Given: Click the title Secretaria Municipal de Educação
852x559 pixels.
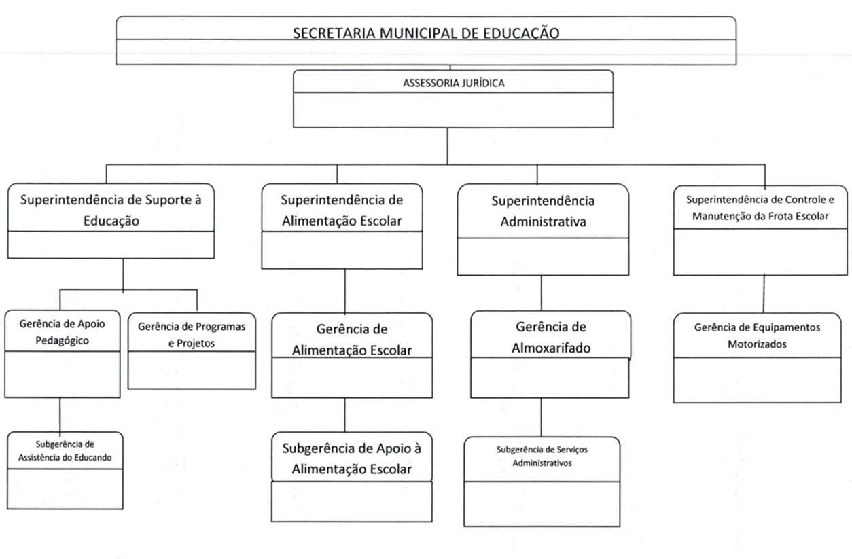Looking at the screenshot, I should pyautogui.click(x=426, y=33).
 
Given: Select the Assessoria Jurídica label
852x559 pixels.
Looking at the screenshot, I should pyautogui.click(x=454, y=84).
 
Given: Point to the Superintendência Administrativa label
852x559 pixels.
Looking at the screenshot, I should pyautogui.click(x=542, y=211).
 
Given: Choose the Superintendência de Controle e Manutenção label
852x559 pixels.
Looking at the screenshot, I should pyautogui.click(x=758, y=208).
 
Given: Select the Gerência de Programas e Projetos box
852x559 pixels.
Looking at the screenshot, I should pyautogui.click(x=192, y=350).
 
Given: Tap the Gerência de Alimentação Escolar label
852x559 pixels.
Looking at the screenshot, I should pyautogui.click(x=351, y=340).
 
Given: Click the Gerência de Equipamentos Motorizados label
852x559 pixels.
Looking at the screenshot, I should pyautogui.click(x=757, y=336).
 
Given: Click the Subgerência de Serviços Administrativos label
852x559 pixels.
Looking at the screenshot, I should pyautogui.click(x=542, y=456).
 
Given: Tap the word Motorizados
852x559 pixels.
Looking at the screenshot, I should pyautogui.click(x=757, y=344).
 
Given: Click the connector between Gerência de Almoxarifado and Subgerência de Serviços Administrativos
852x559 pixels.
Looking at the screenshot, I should pyautogui.click(x=542, y=418).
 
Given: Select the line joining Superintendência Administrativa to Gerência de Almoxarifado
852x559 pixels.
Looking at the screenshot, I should pyautogui.click(x=542, y=293).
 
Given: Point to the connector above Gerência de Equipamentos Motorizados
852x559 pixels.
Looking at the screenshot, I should pyautogui.click(x=764, y=293).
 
